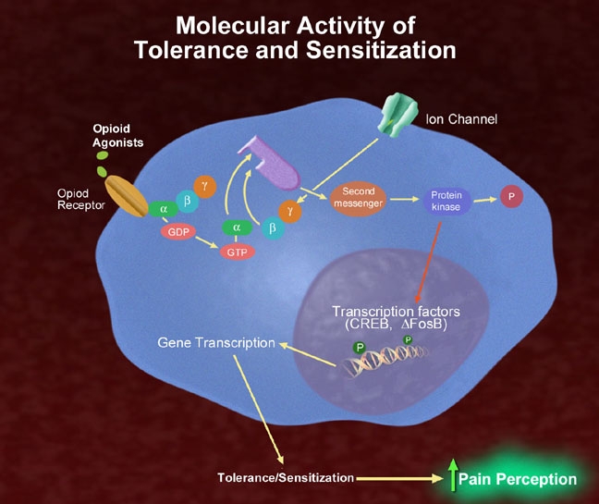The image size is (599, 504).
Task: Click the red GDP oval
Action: point(178,231)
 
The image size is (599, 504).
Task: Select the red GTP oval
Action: point(237,252)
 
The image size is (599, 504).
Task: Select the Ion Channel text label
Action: point(461,119)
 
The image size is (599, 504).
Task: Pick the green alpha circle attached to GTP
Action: point(237,226)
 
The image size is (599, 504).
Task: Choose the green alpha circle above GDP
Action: point(163,209)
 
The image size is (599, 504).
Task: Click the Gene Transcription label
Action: point(216,343)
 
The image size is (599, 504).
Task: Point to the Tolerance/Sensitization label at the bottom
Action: point(286,478)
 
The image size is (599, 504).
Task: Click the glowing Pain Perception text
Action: point(518,479)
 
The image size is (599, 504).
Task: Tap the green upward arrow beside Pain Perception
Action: point(452,477)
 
